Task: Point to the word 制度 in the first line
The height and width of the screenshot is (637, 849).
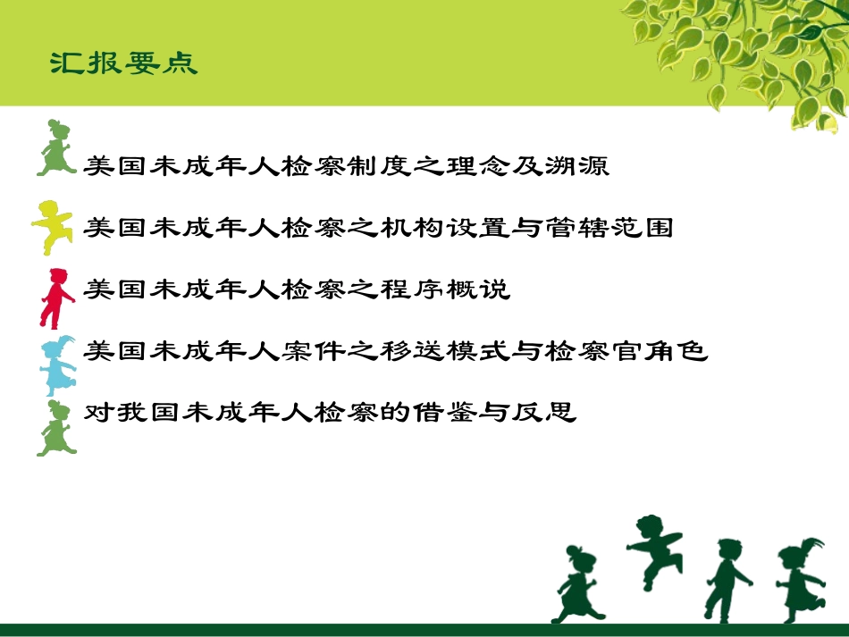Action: (374, 165)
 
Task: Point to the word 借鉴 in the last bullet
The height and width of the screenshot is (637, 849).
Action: (437, 413)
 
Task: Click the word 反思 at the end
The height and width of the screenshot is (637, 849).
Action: (544, 413)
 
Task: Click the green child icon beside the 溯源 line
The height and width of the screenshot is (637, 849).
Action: (56, 147)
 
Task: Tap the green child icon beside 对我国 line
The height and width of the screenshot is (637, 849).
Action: (55, 428)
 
